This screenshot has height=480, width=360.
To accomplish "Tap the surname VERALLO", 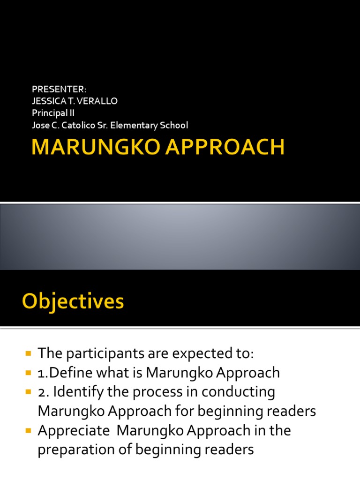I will point(103,101).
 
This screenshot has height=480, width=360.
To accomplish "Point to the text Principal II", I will point(53,113).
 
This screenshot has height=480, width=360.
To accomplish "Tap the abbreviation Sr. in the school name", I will point(104,125).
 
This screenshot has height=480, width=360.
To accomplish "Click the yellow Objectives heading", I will point(73,301).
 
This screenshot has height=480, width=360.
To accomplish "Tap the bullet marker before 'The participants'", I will point(28,353).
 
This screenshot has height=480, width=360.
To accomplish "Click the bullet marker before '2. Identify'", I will point(28,391).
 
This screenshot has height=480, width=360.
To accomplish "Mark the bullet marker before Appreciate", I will point(28,430).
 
